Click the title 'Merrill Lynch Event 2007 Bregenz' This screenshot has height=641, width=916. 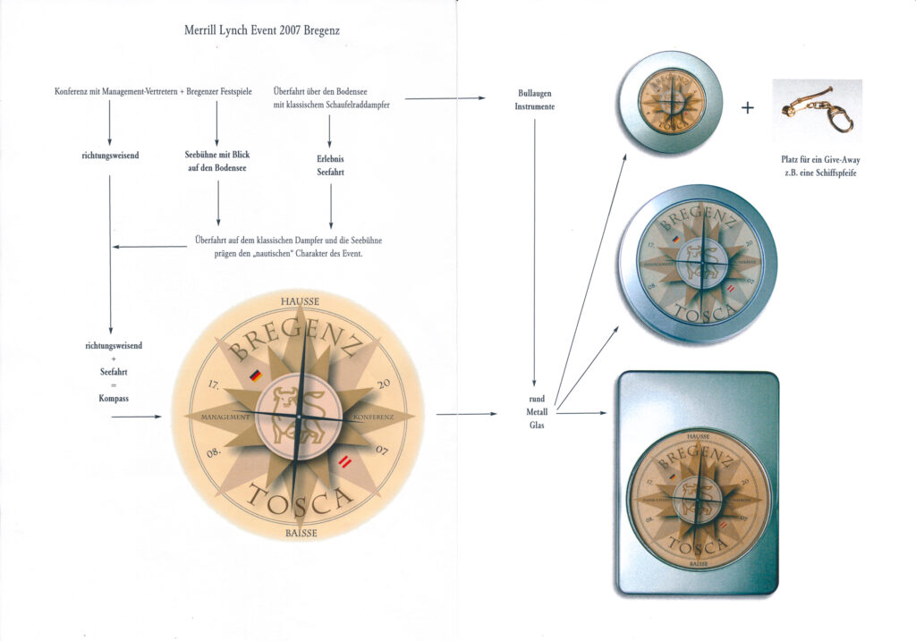[261, 30]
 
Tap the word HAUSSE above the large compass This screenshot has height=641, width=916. [300, 301]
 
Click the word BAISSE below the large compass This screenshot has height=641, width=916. [300, 534]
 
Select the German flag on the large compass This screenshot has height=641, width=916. [255, 376]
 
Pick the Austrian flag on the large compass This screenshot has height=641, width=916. [344, 461]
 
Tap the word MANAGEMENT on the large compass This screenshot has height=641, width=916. [225, 418]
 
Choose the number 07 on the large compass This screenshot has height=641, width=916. [380, 449]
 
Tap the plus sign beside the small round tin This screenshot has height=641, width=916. [748, 108]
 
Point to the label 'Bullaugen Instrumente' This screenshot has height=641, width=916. [535, 99]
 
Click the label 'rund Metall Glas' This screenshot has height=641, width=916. [537, 412]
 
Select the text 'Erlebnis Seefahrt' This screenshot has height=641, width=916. [330, 166]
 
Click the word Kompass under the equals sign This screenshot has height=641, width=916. [114, 398]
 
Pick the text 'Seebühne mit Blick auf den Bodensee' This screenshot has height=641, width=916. [217, 161]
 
